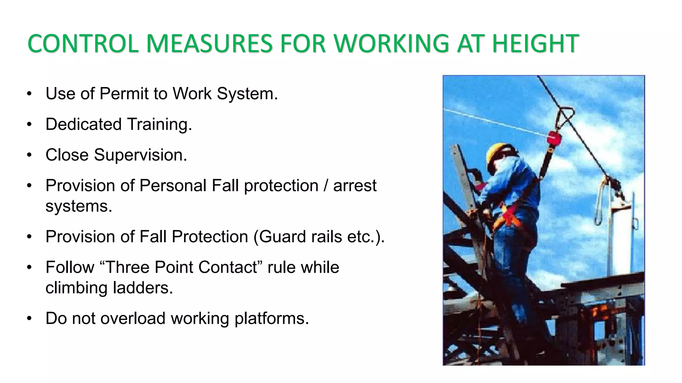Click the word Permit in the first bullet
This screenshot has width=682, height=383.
pyautogui.click(x=124, y=93)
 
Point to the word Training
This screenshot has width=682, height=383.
pyautogui.click(x=160, y=124)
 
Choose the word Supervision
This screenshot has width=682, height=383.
pyautogui.click(x=140, y=155)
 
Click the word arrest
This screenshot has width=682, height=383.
pyautogui.click(x=355, y=186)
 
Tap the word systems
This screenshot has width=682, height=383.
pyautogui.click(x=79, y=206)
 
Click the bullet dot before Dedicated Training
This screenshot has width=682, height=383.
pyautogui.click(x=29, y=125)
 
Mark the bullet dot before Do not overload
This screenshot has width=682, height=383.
pyautogui.click(x=29, y=319)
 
